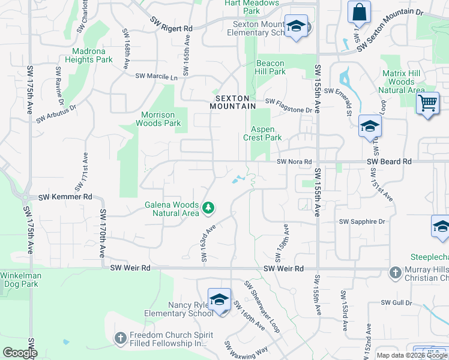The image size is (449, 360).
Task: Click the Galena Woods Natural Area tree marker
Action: (208, 208)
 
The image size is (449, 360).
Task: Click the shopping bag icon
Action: (359, 12)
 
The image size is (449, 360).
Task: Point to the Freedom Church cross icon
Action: (120, 338)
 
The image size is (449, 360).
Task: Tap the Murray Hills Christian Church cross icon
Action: (395, 273)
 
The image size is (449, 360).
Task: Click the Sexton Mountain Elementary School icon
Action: (295, 26)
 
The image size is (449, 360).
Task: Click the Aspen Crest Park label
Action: (262, 133)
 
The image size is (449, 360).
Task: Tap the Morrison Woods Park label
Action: (160, 119)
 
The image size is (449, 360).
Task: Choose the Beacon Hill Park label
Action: (271, 67)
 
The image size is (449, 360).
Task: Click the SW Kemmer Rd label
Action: (65, 197)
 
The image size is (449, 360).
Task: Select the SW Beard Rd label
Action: (390, 161)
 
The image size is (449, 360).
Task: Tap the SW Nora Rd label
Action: (294, 161)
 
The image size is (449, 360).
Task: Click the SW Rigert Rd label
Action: (172, 28)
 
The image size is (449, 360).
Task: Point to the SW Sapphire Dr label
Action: (362, 221)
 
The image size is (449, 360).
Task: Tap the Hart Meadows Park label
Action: (252, 7)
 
